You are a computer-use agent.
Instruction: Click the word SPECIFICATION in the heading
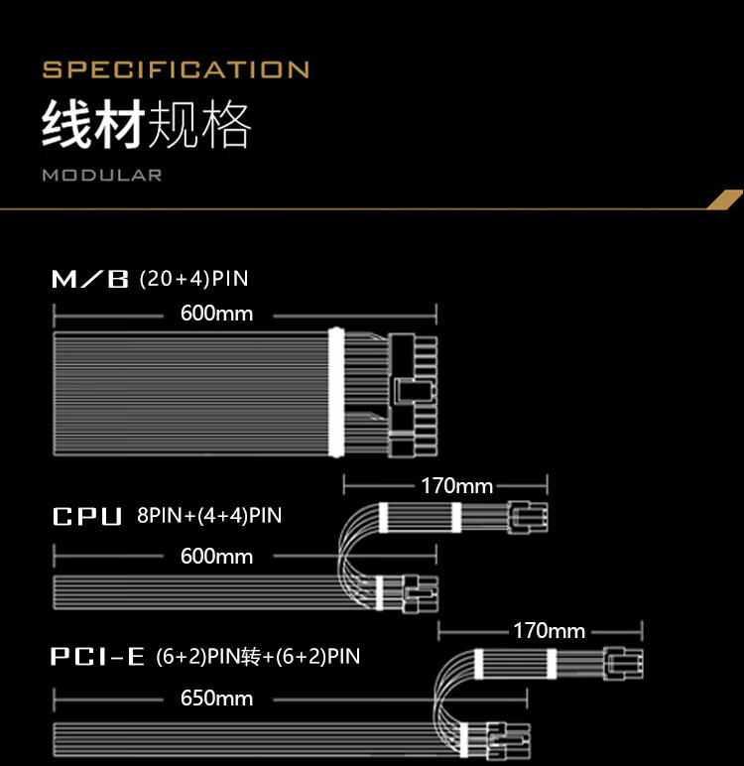click(x=176, y=69)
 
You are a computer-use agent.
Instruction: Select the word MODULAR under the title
click(x=101, y=176)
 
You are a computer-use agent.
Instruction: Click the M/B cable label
click(x=90, y=280)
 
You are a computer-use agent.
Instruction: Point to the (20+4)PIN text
click(x=193, y=279)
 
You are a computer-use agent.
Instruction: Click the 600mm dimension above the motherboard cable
click(x=216, y=314)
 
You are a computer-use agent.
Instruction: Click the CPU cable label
click(x=87, y=516)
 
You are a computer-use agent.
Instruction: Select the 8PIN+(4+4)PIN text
click(x=209, y=515)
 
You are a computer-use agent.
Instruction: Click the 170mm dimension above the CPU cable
click(x=456, y=486)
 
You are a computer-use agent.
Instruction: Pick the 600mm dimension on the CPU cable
click(x=216, y=556)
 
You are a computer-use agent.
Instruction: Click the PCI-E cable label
click(x=98, y=656)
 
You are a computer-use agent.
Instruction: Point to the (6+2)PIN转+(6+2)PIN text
click(x=258, y=656)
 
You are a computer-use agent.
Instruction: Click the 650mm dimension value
click(x=216, y=698)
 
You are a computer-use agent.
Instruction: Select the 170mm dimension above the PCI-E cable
click(x=549, y=630)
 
